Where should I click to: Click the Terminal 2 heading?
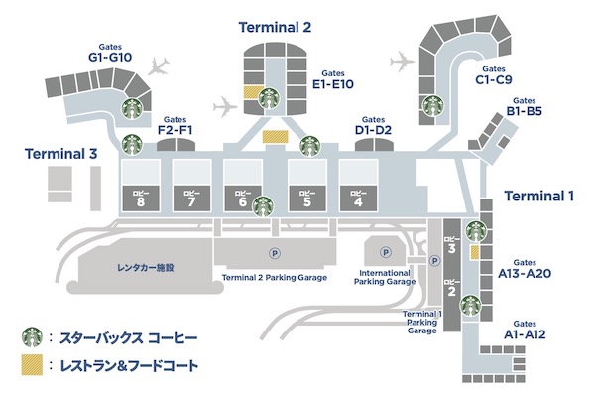click(275, 28)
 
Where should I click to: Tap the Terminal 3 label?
click(60, 154)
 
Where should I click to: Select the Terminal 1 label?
click(538, 197)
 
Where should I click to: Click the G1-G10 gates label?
click(110, 53)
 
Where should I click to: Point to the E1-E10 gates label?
click(333, 79)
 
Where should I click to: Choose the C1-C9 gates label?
click(494, 75)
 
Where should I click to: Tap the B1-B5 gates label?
click(524, 107)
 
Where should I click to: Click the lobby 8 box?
click(141, 198)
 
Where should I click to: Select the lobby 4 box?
click(358, 198)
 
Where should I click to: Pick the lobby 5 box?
click(307, 198)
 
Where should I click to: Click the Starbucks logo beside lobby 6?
click(264, 206)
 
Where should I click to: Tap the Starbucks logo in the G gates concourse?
click(132, 108)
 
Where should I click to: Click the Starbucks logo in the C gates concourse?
click(433, 105)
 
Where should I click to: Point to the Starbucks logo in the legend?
click(33, 337)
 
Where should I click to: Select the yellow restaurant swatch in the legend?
click(32, 365)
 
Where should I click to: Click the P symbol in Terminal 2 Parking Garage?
click(275, 253)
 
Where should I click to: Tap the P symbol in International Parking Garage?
click(386, 252)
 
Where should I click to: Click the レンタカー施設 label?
click(146, 267)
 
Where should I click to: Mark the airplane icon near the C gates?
click(402, 61)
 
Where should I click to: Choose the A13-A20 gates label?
click(525, 269)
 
